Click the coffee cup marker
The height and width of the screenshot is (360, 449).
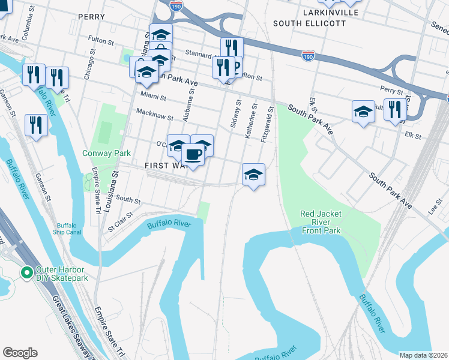coord(193,155)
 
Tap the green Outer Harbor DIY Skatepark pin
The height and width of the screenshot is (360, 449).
coord(26,273)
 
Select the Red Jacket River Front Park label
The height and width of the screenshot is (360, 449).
coord(321,222)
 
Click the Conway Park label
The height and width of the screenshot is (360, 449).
coord(106,153)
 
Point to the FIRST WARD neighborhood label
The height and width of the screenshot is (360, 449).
coord(161,164)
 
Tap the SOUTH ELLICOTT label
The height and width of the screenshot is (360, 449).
coord(309,23)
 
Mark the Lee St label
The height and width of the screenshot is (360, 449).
coord(434,211)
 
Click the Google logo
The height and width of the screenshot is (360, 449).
coord(20,353)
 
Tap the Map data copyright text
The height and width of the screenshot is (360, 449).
coord(423,355)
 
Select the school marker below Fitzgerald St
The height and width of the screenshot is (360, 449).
coord(253,175)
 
